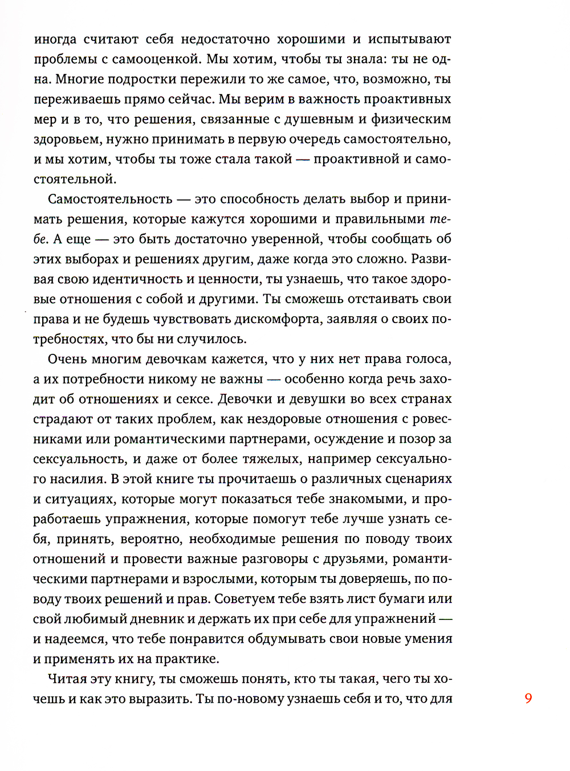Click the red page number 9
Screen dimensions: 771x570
(528, 698)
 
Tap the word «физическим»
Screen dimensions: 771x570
(411, 119)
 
